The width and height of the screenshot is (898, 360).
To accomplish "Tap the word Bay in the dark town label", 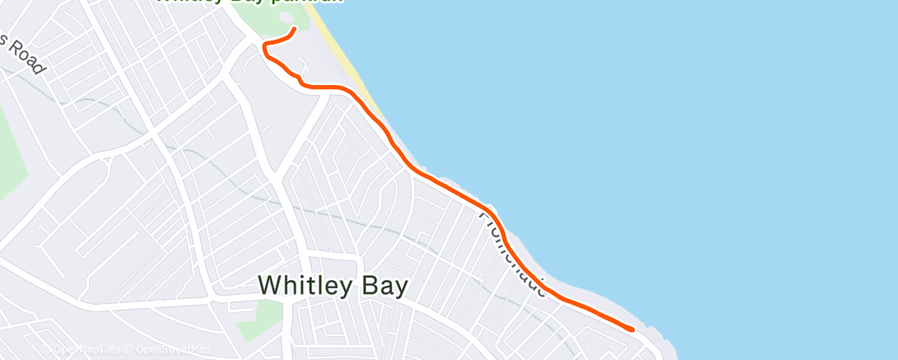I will (x=385, y=285).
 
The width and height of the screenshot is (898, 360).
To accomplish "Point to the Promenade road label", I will (x=513, y=252).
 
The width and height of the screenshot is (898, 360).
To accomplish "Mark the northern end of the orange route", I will (x=294, y=30).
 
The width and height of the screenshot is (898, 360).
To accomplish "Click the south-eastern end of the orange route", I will (x=632, y=329).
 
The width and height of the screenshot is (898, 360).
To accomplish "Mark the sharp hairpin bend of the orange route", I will (x=264, y=48).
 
